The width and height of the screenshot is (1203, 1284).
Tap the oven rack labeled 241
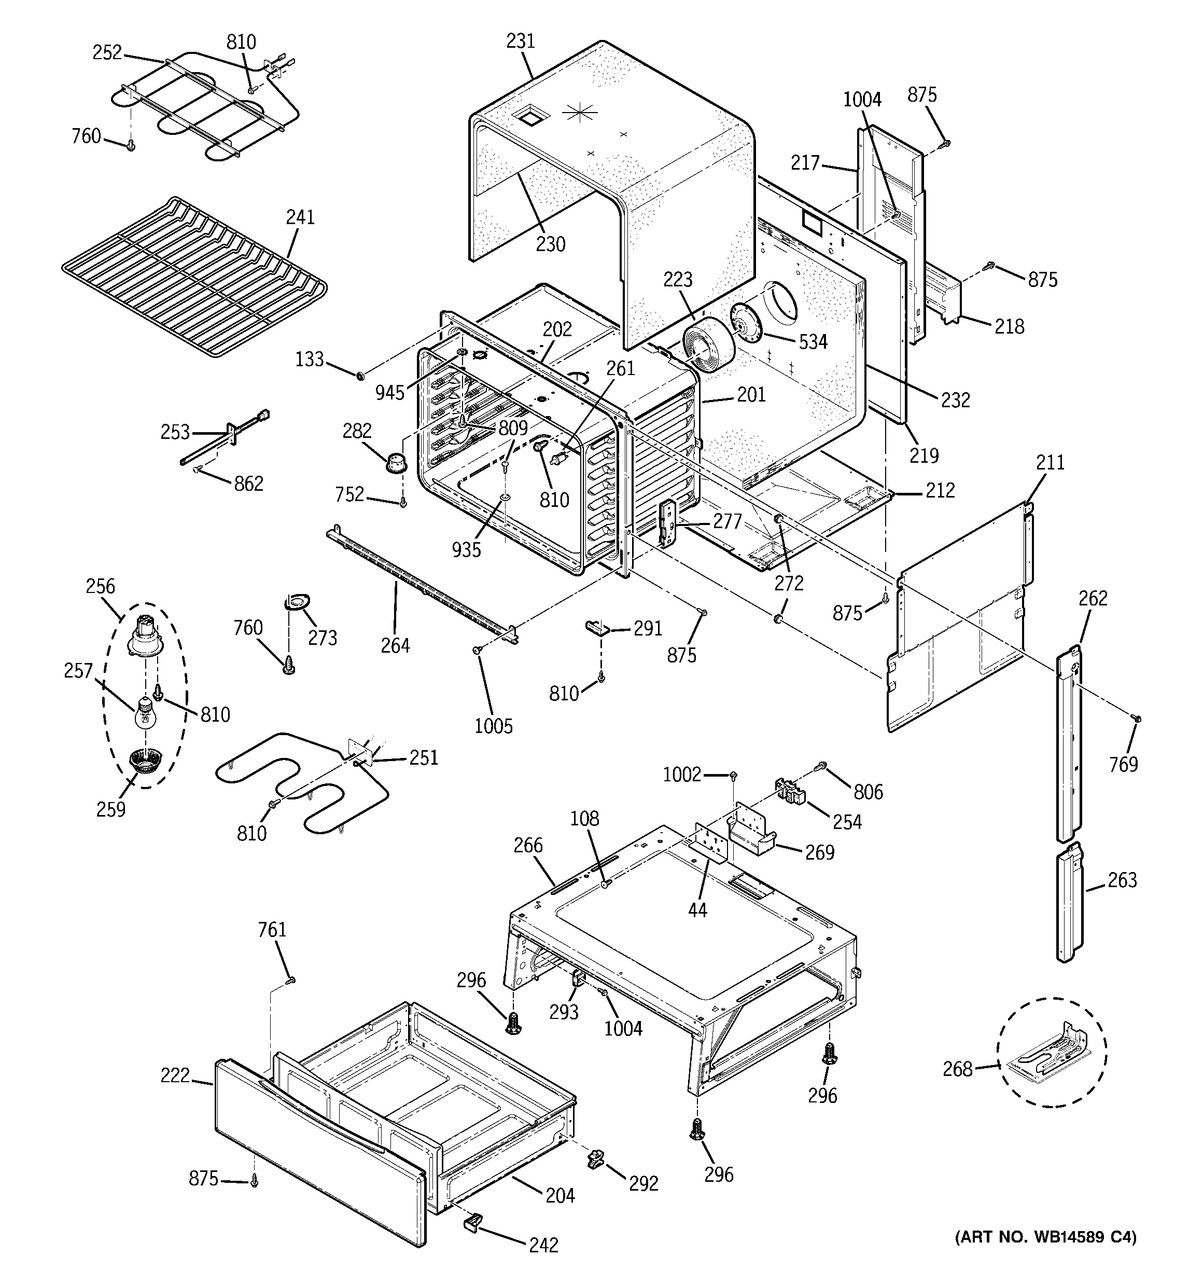(x=194, y=278)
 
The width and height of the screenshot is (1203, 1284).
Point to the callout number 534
(x=813, y=342)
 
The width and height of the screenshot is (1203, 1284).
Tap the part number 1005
(x=493, y=726)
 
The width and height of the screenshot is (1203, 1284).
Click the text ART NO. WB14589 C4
(x=1045, y=1237)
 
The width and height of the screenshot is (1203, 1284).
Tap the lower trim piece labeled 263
(x=1069, y=904)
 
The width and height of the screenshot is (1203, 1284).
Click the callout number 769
(x=1123, y=765)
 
